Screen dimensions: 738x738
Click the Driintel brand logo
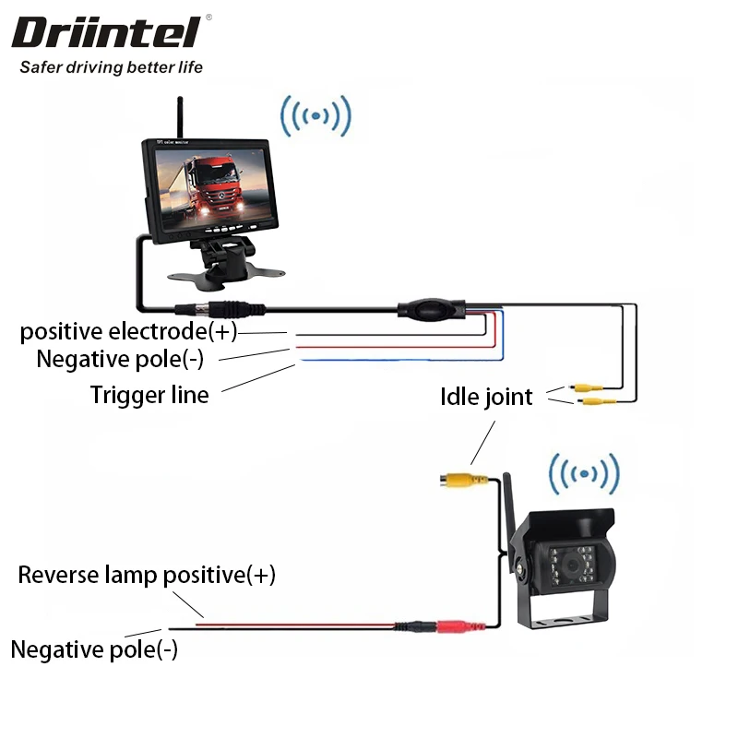(x=105, y=33)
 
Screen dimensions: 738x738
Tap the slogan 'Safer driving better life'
(x=111, y=67)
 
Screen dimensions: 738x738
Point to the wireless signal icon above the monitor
(x=316, y=117)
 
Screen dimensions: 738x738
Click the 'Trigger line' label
(x=149, y=395)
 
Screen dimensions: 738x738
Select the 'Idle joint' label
(x=486, y=397)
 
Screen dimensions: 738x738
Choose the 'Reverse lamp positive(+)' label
(x=147, y=576)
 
